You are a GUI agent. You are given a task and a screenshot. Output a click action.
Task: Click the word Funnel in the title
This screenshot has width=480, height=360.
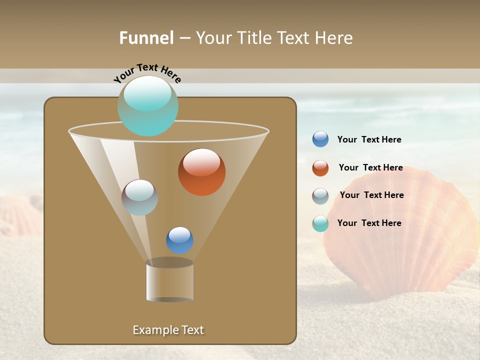click(x=146, y=38)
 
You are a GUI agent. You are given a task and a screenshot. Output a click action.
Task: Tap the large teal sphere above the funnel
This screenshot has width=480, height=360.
click(x=148, y=106)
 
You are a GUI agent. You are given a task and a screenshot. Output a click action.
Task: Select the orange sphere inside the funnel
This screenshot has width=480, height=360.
click(x=202, y=172)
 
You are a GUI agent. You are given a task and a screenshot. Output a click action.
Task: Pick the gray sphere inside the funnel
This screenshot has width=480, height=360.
click(x=140, y=197)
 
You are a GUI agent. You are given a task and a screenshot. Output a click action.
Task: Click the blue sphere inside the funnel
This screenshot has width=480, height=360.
click(x=179, y=240)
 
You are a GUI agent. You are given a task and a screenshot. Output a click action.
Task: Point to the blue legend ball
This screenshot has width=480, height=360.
click(x=320, y=139)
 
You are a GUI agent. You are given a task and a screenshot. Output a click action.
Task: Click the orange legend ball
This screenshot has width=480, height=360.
click(x=320, y=168)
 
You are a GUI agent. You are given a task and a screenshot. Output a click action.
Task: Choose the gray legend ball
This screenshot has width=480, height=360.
click(x=320, y=196)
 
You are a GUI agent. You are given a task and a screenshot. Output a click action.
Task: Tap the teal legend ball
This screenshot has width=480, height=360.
click(x=320, y=223)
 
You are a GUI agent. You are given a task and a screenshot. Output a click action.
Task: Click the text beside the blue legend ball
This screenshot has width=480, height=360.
click(x=369, y=139)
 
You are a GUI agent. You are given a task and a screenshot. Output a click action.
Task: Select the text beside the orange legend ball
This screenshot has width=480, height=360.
click(x=370, y=167)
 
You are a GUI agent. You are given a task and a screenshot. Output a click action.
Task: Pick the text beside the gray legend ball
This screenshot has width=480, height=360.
click(x=371, y=195)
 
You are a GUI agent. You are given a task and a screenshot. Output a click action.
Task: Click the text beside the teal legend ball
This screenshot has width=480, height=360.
click(x=369, y=223)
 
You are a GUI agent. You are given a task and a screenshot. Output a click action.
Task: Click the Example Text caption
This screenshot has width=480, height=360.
click(x=168, y=330)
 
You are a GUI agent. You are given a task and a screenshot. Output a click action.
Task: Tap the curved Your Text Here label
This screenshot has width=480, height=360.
click(x=147, y=72)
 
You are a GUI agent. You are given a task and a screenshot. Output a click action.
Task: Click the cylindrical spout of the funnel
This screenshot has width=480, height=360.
click(x=170, y=281)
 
